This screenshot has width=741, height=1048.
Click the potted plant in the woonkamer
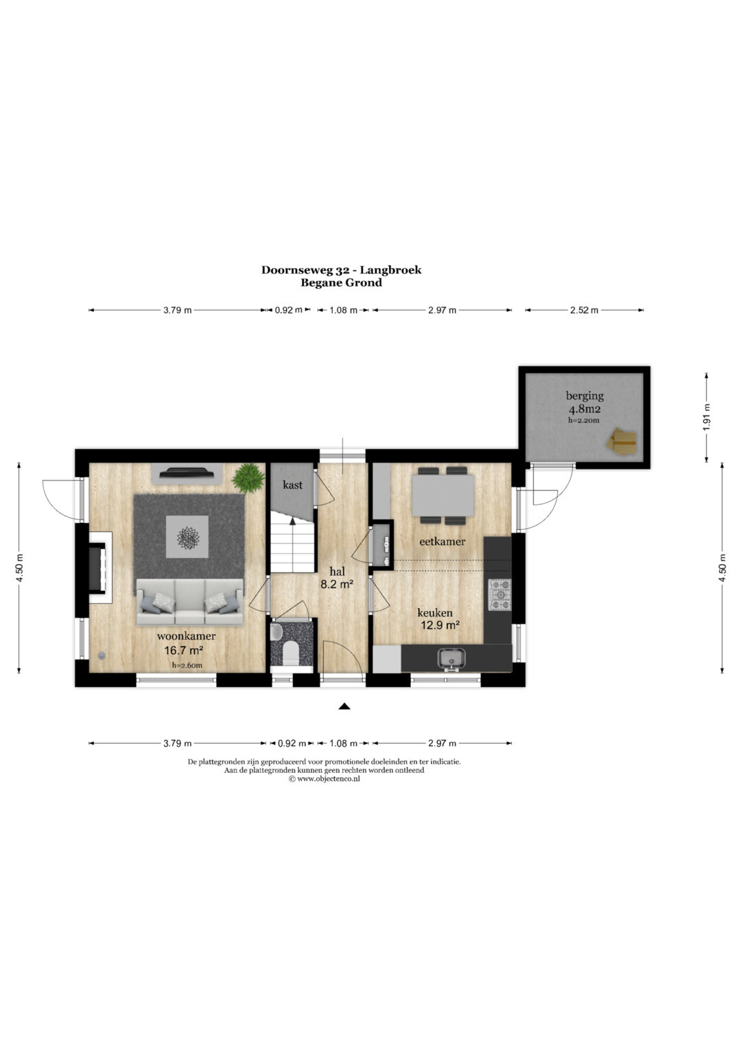[248, 478]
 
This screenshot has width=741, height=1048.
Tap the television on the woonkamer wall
[186, 473]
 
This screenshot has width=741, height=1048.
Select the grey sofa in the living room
[190, 602]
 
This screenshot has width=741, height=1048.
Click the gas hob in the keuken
[499, 594]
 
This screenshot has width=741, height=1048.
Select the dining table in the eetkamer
[443, 495]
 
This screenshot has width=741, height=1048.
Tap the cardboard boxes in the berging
[622, 440]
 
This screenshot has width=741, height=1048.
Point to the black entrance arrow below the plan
[344, 706]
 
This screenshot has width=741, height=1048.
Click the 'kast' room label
[292, 485]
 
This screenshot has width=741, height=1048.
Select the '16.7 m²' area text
[183, 650]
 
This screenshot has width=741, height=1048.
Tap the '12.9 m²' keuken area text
[440, 625]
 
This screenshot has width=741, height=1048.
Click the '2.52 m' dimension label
[584, 310]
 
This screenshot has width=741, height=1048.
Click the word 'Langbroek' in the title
[390, 270]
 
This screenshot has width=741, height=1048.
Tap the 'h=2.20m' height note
[583, 420]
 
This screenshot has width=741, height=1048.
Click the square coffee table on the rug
[187, 537]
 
